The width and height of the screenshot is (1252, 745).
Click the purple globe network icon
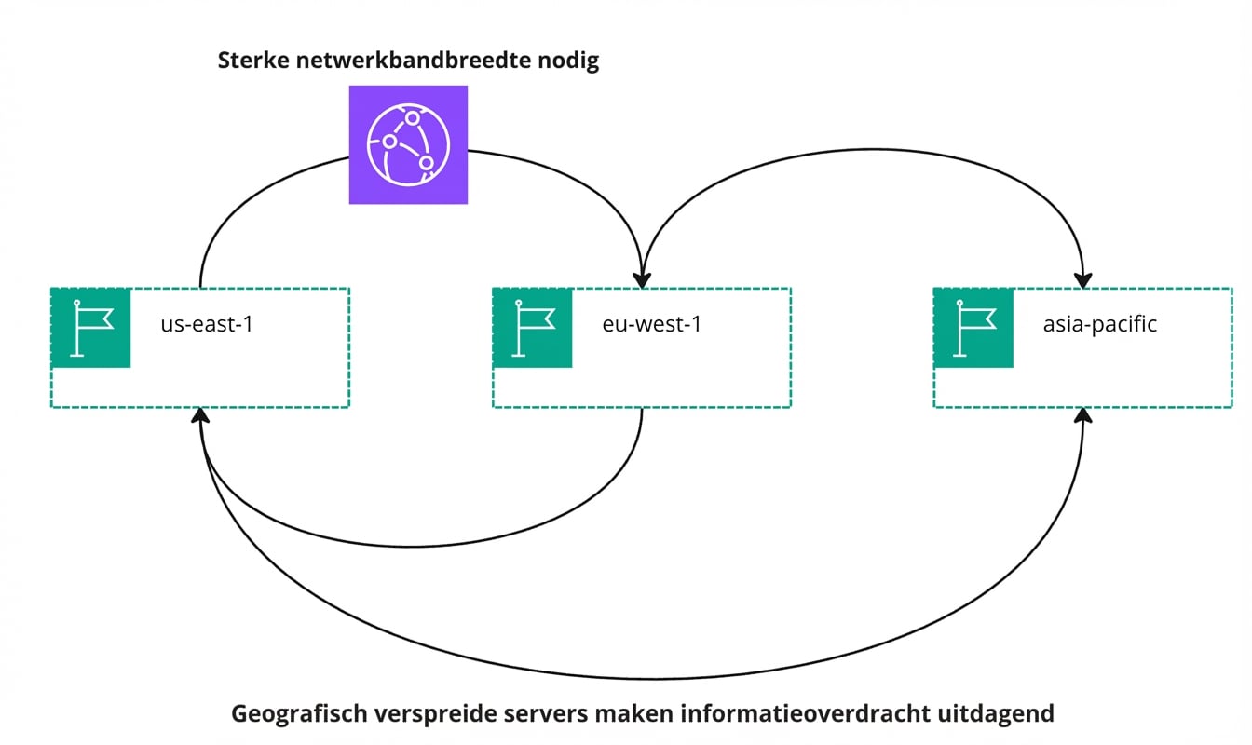[x=408, y=144]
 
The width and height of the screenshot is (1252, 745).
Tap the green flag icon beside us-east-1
[x=90, y=328]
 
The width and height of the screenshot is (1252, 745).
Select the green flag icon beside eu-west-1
[x=532, y=328]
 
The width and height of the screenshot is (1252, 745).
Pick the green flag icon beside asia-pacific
[x=973, y=328]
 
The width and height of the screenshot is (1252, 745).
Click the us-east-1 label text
[x=207, y=326]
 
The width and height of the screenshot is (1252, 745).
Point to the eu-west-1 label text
[x=650, y=326]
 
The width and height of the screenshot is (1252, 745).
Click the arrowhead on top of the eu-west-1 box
[x=642, y=278]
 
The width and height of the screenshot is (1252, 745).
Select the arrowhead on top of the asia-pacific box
[x=1082, y=278]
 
